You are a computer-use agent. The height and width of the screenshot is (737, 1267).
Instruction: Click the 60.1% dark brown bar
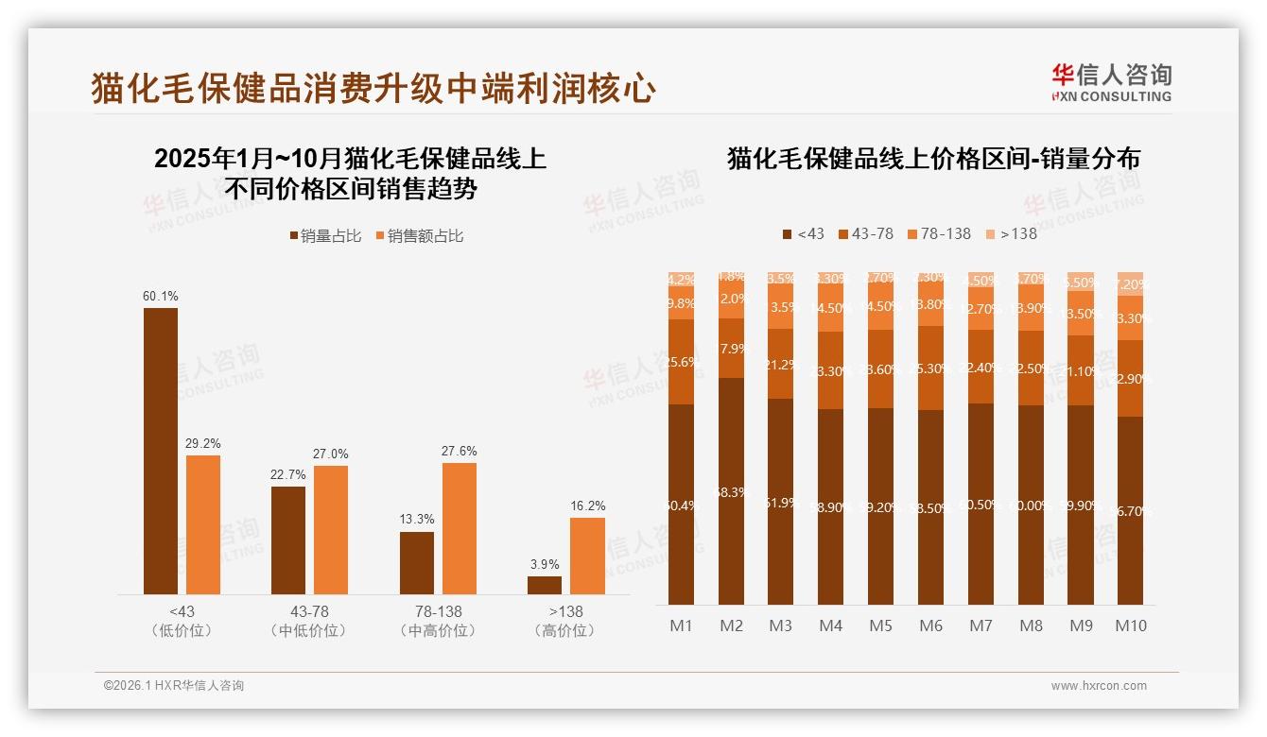(161, 451)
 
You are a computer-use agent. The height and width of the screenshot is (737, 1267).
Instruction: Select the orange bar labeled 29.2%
(203, 524)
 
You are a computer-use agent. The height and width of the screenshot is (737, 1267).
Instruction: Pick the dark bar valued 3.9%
(545, 585)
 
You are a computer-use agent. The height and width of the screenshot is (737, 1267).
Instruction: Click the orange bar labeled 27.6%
(460, 528)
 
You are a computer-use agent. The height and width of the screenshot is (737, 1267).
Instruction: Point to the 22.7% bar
(288, 540)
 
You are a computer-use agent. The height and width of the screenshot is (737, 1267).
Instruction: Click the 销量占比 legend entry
(325, 236)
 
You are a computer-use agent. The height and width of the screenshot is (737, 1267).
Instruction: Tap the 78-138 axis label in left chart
(439, 611)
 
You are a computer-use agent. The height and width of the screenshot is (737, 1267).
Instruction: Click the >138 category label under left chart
(565, 611)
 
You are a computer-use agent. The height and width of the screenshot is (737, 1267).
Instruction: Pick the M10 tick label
(1130, 626)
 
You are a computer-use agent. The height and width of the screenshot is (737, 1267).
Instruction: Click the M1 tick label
(682, 626)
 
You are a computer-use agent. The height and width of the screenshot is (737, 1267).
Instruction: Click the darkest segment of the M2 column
(731, 491)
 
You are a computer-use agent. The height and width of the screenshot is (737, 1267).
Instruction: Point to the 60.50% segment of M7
(981, 504)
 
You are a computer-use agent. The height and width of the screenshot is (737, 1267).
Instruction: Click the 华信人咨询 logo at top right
(1111, 82)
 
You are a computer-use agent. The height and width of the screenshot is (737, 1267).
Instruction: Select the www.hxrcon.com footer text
(1099, 686)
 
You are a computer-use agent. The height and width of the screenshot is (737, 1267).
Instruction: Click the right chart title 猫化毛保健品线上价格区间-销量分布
(933, 159)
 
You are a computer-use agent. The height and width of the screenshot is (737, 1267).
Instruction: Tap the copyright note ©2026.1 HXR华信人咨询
(174, 686)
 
